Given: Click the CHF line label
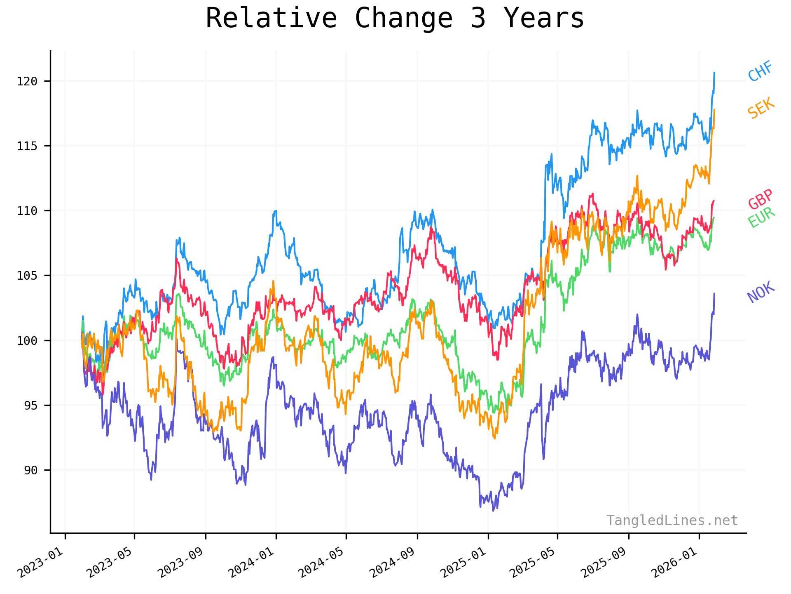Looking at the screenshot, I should (760, 71).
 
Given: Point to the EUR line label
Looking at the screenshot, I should (761, 217).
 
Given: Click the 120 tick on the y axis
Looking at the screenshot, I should (27, 81).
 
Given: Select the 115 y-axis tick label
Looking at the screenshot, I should (27, 146).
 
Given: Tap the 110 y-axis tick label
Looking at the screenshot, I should (27, 211).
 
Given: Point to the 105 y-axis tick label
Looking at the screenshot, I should (27, 276).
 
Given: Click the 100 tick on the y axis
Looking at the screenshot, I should (27, 341).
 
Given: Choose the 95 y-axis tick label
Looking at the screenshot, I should (30, 405).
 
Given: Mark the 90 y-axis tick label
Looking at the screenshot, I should (30, 470).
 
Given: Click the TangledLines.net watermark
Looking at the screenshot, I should (672, 521).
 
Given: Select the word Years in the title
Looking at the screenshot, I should (544, 19).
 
